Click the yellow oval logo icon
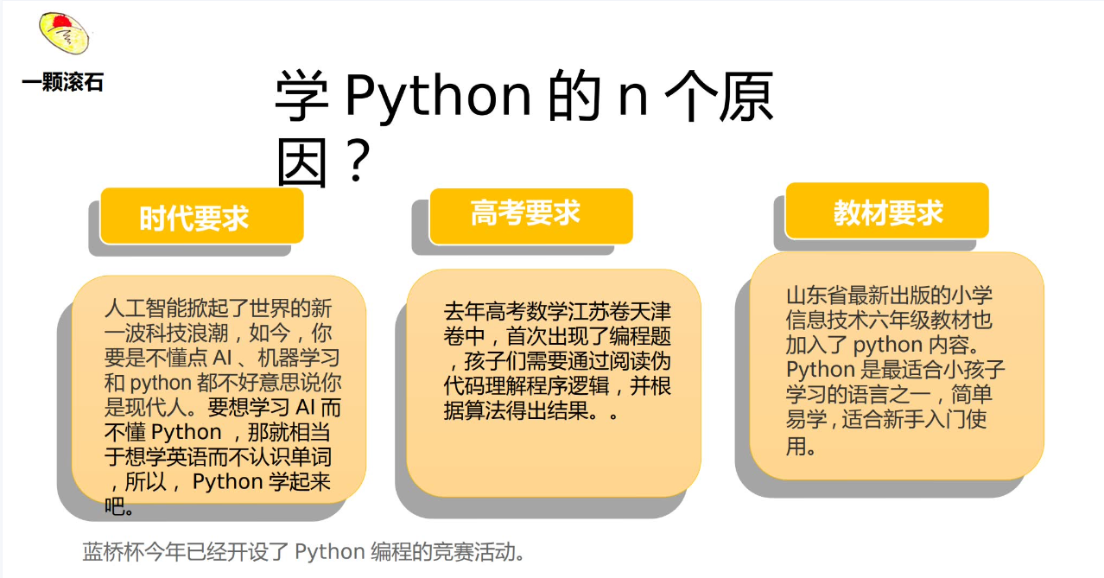coord(64,33)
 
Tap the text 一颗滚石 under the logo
coord(62,82)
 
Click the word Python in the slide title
coord(438,96)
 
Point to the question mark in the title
coord(358,161)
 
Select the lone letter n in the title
coord(633,99)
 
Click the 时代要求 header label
coord(194,219)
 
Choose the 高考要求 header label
coord(525,213)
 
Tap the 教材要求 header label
coord(888,213)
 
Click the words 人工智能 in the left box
coord(146,308)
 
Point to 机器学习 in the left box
coord(299,358)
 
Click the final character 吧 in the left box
coord(114,506)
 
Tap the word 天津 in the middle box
coord(650,312)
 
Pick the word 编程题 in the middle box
coord(640,337)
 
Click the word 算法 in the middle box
coord(485,410)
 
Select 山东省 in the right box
coord(816,295)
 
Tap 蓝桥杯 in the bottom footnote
coord(113,552)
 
